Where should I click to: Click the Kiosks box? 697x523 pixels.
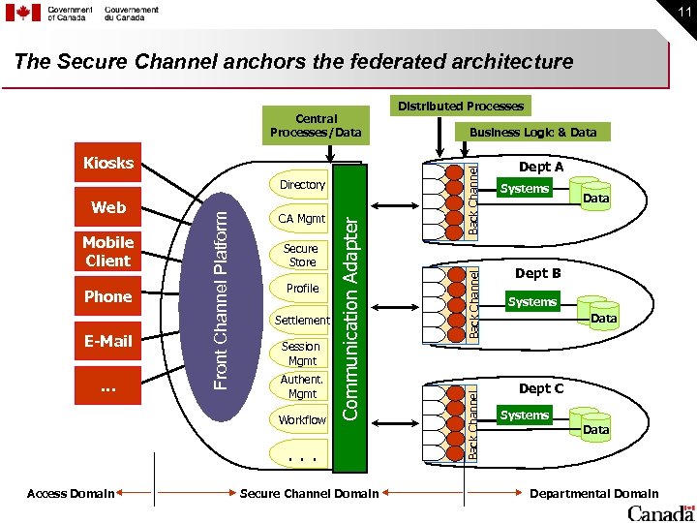(108, 163)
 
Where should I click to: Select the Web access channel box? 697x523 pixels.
(108, 208)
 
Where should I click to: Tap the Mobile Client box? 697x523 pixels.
(108, 252)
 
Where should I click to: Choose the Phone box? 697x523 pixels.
(108, 296)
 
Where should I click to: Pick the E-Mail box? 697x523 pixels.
(108, 340)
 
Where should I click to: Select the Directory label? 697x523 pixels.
(302, 184)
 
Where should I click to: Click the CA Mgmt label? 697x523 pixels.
(302, 219)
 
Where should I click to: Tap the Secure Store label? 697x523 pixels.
(301, 255)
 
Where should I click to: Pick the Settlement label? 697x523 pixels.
(302, 320)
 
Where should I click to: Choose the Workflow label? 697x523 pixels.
(302, 420)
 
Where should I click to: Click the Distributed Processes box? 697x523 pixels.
(463, 106)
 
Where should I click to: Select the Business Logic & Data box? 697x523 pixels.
(533, 132)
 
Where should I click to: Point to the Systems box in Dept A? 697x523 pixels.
(525, 189)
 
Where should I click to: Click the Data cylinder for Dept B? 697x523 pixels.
(603, 317)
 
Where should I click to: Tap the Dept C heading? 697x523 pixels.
(540, 388)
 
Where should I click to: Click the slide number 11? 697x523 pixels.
(680, 12)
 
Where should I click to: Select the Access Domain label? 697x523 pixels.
(71, 494)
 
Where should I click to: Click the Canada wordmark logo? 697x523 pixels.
(660, 512)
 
